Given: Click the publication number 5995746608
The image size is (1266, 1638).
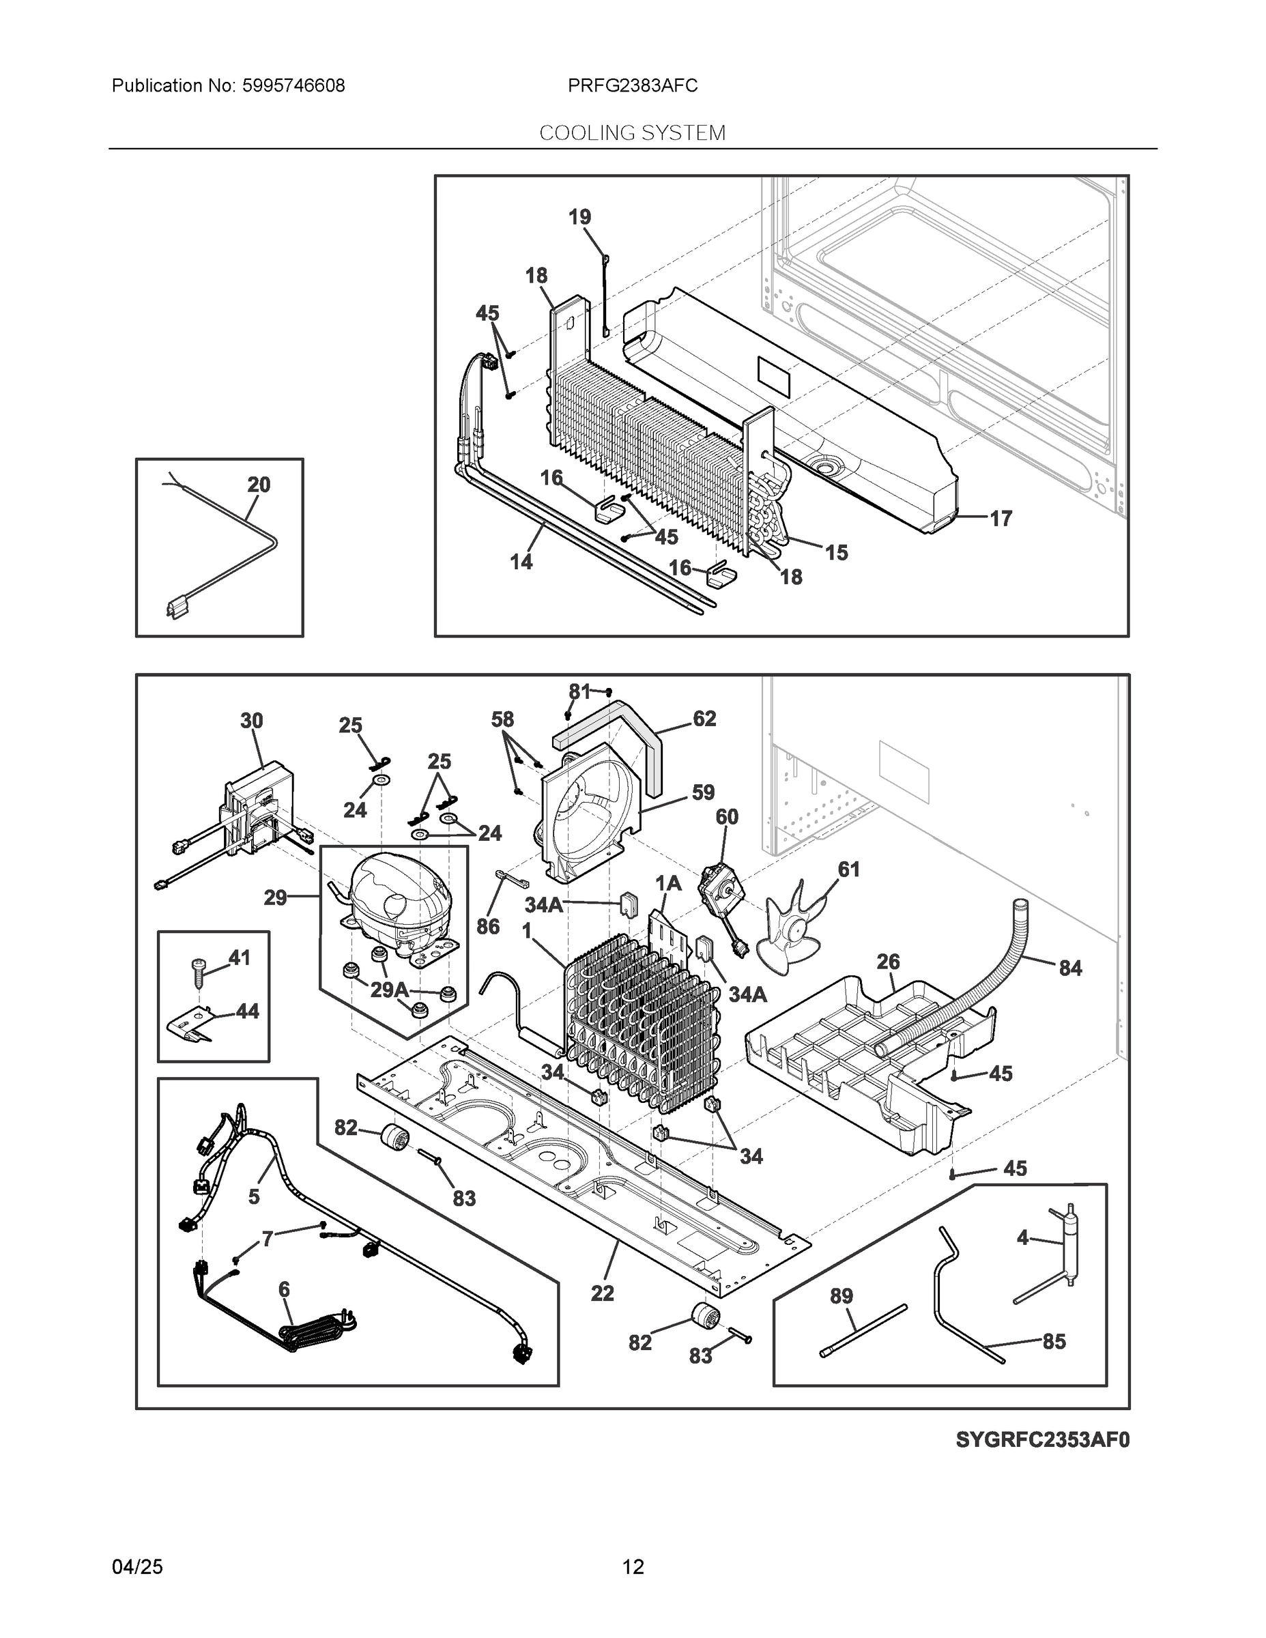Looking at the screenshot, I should click(293, 85).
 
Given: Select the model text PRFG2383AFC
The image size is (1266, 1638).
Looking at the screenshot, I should click(632, 85).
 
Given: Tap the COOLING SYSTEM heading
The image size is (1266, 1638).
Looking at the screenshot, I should click(632, 133).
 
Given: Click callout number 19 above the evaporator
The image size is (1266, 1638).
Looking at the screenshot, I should click(579, 217).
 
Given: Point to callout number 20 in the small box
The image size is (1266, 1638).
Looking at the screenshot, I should click(259, 485).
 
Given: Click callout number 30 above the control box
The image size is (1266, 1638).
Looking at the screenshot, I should click(251, 721).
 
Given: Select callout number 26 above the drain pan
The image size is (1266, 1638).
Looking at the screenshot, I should click(888, 962).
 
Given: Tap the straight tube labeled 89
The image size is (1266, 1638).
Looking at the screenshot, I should click(864, 1330).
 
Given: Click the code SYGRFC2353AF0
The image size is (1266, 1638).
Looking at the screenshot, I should click(1041, 1440).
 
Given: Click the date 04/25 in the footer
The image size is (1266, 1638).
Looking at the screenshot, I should click(137, 1567).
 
